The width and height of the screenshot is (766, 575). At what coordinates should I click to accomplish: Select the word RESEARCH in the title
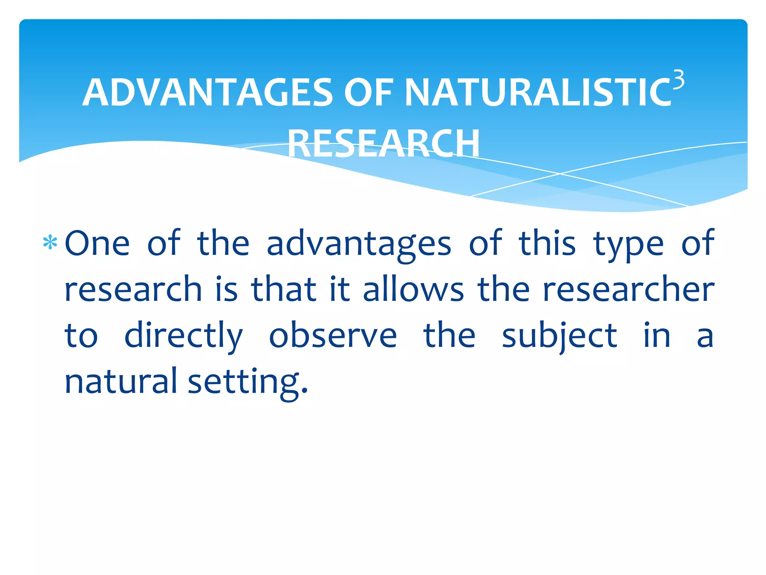(384, 143)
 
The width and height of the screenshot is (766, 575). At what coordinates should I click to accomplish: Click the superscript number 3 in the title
(678, 80)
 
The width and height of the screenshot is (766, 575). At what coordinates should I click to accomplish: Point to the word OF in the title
(368, 92)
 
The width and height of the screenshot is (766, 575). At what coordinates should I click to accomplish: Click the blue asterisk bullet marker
(50, 243)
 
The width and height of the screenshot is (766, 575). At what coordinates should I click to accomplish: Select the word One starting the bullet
(97, 243)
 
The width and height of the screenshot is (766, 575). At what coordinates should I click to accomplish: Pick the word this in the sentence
(547, 243)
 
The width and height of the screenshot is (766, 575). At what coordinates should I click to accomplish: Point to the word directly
(184, 336)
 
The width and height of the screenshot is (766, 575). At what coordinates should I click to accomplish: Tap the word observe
(333, 335)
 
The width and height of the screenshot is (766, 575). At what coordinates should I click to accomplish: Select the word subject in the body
(559, 336)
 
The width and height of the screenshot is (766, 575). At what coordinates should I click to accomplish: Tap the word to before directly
(81, 336)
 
